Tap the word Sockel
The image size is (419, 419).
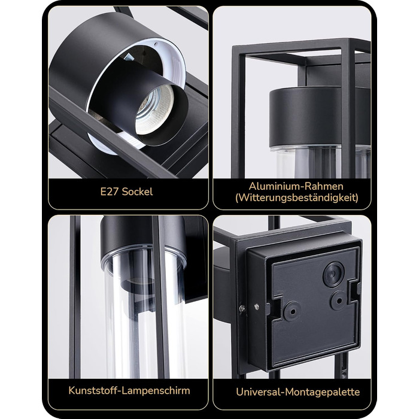click(137, 192)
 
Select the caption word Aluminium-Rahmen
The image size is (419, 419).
click(296, 186)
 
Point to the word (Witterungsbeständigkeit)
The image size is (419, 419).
click(297, 198)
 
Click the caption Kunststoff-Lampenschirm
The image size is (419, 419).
click(129, 391)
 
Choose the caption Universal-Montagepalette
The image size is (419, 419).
click(297, 392)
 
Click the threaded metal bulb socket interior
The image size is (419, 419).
click(154, 110)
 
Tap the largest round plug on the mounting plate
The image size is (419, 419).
click(333, 274)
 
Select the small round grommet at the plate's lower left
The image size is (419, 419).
click(293, 311)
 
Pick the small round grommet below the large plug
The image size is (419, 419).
click(339, 300)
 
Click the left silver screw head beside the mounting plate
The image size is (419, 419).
click(242, 309)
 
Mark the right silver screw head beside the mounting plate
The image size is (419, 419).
click(257, 306)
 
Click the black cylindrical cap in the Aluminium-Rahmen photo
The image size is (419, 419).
click(320, 117)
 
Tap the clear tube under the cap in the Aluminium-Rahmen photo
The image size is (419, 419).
click(320, 162)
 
